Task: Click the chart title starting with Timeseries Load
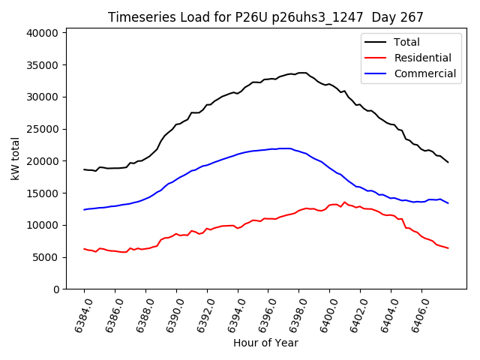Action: (265, 17)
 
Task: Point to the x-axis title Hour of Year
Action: (265, 343)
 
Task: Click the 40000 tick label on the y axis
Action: (42, 33)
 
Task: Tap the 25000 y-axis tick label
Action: (42, 129)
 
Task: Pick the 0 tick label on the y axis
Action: (55, 289)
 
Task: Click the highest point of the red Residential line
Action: (344, 202)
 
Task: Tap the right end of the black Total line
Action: (448, 162)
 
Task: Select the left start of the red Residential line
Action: (84, 248)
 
